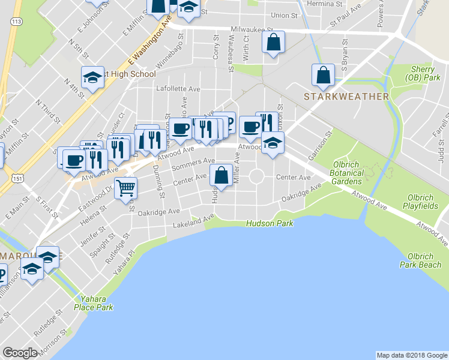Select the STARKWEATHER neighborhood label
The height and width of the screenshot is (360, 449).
tap(346, 96)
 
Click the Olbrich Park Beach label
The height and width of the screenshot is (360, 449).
tap(423, 259)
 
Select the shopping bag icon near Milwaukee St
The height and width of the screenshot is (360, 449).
tap(273, 42)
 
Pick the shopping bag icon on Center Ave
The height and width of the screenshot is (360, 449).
tap(221, 175)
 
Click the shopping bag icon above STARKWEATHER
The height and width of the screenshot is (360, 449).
tap(323, 75)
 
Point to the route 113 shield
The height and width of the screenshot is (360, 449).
tap(17, 22)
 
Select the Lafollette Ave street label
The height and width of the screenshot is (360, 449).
tap(178, 88)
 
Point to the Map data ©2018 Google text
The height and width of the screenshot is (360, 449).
tap(412, 355)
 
